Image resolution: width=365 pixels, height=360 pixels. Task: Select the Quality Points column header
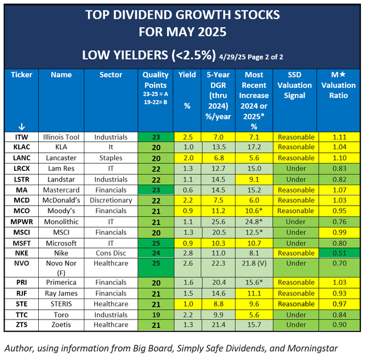click(x=155, y=85)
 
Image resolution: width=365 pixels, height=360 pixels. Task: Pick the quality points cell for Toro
click(x=155, y=314)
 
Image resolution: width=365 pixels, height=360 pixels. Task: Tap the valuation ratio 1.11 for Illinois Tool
click(x=340, y=137)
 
